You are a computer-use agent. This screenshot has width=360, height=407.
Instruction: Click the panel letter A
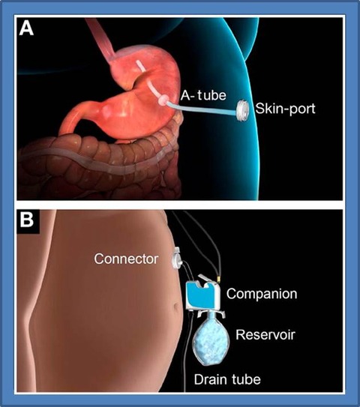26,28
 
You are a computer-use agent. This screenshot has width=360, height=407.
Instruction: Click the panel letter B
27,220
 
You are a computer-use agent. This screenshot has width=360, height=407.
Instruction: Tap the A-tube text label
203,95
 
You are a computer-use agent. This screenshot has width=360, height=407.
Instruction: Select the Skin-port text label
285,108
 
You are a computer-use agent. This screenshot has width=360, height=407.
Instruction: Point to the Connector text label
126,259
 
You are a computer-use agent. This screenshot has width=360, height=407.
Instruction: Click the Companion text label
262,294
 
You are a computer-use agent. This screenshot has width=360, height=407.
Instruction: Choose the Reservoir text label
265,334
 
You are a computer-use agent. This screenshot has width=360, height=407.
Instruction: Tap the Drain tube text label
227,379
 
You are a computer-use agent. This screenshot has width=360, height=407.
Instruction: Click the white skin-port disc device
241,110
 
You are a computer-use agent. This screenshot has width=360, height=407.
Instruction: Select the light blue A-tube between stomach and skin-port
202,108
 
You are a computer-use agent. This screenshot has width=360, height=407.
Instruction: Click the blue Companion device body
202,295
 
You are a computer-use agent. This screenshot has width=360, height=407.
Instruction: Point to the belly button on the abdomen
176,309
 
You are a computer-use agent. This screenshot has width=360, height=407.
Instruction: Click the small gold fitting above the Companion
219,280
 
